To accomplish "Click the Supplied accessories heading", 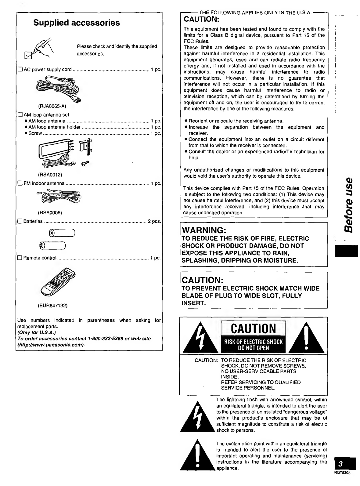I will click(77, 23).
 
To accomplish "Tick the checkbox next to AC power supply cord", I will click(20, 69).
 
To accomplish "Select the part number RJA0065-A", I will click(52, 106).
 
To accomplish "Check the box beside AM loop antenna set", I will click(20, 115).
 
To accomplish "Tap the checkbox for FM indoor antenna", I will click(20, 183).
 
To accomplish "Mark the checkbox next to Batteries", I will click(20, 221).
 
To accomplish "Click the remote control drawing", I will click(58, 281).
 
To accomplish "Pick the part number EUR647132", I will click(52, 305).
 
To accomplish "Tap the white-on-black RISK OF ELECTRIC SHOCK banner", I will click(253, 345).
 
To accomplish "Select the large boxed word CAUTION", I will click(253, 328).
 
